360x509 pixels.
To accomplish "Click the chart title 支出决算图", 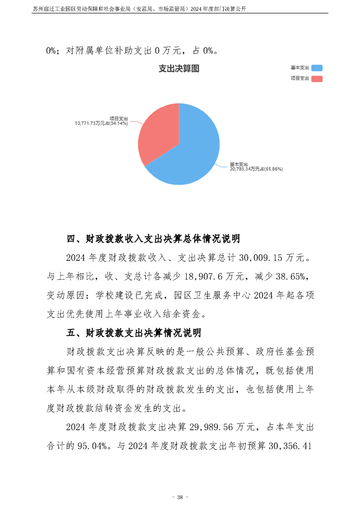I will click(179, 69).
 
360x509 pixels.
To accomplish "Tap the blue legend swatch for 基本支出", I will click(316, 68).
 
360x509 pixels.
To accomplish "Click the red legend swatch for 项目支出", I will click(316, 78).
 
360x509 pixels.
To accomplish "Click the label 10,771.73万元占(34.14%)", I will click(102, 122).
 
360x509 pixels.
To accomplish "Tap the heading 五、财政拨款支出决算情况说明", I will click(134, 333).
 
